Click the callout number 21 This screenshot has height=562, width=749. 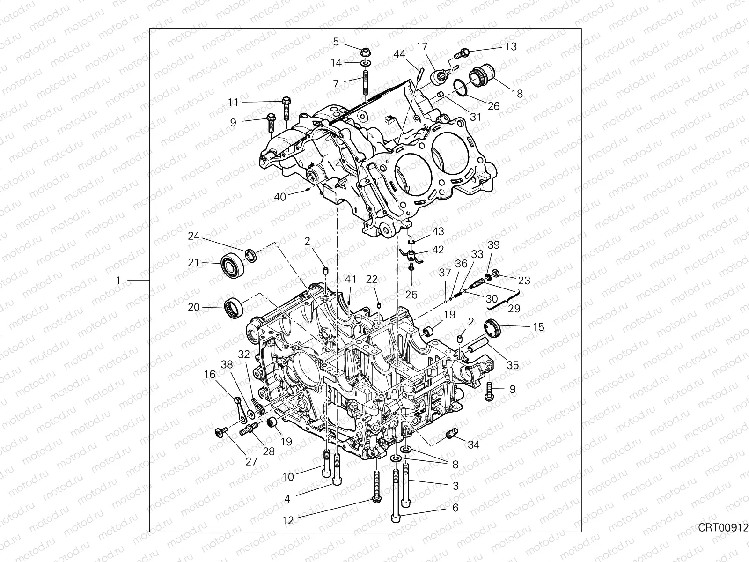click(x=194, y=263)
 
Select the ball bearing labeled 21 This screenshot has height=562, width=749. click(x=232, y=265)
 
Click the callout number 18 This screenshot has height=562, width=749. click(x=517, y=94)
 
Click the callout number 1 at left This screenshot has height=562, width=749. click(x=118, y=280)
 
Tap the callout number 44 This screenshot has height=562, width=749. click(x=399, y=54)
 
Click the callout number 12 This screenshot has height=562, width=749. click(x=288, y=520)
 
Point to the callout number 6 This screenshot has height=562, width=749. click(x=455, y=508)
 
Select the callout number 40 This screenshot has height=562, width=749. click(x=280, y=197)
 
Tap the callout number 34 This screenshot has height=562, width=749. click(x=474, y=444)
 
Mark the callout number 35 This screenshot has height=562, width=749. click(x=513, y=365)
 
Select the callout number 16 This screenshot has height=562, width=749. click(x=210, y=374)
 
